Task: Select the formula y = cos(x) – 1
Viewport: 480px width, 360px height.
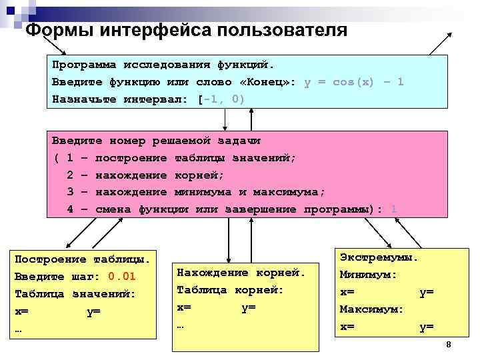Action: click(353, 82)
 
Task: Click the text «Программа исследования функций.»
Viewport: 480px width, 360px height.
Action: click(163, 65)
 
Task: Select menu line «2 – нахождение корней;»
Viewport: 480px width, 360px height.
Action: click(146, 175)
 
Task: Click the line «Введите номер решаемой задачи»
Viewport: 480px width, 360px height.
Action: click(156, 141)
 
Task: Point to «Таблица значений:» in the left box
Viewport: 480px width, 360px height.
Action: click(75, 293)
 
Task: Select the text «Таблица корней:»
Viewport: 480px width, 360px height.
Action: click(230, 290)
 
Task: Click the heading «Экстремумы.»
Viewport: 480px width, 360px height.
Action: click(379, 257)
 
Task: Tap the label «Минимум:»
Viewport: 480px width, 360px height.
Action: click(368, 274)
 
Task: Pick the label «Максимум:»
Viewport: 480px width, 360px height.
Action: click(371, 309)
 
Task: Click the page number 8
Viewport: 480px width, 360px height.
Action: click(449, 345)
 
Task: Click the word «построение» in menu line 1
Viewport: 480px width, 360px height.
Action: click(131, 158)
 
